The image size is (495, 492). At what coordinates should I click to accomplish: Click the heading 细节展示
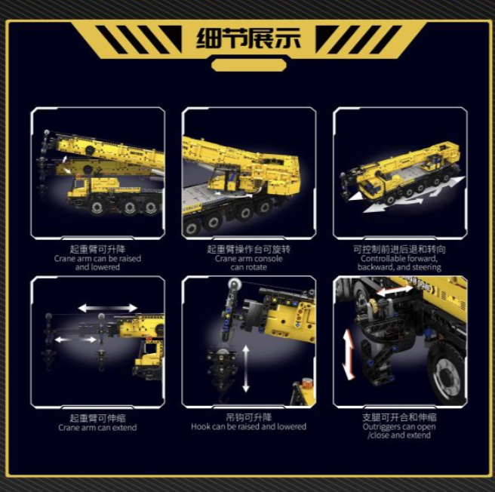coord(248,38)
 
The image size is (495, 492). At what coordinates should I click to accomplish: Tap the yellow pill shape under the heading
coord(249,65)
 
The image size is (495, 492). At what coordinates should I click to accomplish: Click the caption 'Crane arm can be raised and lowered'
coord(97,263)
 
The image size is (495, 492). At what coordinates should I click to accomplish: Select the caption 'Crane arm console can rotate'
coord(249,263)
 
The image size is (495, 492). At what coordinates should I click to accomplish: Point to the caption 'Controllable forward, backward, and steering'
coord(399,263)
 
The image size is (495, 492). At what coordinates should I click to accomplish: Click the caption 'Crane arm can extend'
coord(97,428)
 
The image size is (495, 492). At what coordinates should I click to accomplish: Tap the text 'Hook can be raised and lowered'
coord(249,426)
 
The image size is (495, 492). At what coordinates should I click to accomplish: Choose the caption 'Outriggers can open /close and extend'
coord(399,431)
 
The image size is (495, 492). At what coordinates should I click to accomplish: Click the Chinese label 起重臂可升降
coord(97,249)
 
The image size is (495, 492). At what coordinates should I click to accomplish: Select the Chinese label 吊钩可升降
coord(249,417)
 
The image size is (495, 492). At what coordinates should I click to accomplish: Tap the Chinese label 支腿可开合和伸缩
coord(399,417)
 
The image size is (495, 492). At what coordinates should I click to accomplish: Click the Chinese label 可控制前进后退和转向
coord(399,249)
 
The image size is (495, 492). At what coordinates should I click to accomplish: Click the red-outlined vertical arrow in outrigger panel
coord(349,354)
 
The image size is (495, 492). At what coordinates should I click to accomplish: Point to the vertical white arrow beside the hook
coord(246,369)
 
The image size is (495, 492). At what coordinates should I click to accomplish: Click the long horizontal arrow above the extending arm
coord(108,308)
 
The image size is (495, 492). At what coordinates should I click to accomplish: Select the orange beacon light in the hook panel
coord(306,383)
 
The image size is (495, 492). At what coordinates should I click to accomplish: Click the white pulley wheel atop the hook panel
coord(233,284)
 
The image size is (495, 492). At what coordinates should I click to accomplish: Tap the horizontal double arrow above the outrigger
coord(395,291)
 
